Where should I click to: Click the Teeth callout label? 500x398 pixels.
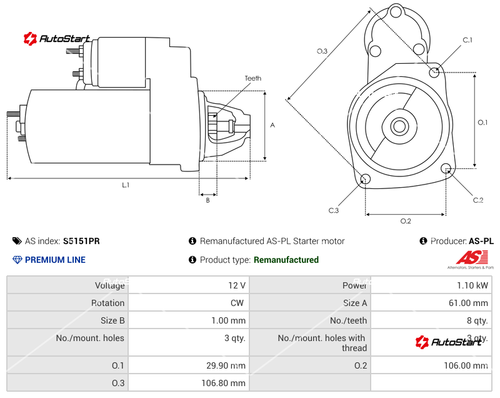252,78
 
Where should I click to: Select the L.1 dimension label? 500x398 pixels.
126,185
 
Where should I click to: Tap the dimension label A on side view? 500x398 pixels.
272,125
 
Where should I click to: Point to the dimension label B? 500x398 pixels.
207,200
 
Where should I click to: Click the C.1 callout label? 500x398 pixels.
467,40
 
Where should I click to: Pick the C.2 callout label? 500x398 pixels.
478,200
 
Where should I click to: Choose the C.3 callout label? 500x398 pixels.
334,210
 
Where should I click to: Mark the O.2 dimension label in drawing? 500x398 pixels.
405,221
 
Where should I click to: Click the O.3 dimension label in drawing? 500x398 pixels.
322,51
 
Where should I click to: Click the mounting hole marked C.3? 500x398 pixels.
366,180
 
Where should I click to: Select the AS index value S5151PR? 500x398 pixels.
81,241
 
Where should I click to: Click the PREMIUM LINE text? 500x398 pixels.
55,260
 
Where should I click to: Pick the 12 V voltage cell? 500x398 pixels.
237,285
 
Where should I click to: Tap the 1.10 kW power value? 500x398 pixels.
474,285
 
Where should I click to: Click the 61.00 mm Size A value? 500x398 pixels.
469,303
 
